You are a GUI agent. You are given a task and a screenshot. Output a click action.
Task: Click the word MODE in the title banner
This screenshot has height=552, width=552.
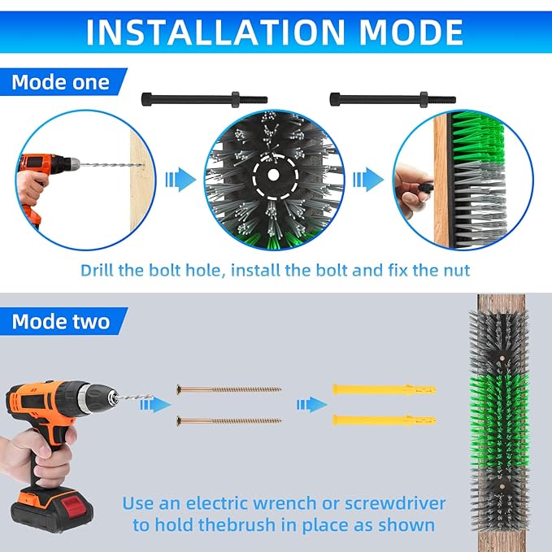point(411,32)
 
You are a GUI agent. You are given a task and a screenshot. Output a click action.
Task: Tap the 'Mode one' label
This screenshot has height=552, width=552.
point(60,82)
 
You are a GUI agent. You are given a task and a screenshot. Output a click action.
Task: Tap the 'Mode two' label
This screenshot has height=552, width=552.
point(61,322)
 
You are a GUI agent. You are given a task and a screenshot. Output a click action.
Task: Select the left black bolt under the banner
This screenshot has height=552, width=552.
point(204,99)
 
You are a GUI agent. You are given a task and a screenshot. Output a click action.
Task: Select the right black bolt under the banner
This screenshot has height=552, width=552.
point(393,99)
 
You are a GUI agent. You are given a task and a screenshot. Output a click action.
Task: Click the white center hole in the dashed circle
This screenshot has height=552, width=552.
point(273,175)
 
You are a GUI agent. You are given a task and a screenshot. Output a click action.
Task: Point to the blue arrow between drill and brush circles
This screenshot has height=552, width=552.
point(180,180)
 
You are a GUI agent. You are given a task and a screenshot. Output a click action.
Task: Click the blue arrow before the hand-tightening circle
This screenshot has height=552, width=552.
point(368,180)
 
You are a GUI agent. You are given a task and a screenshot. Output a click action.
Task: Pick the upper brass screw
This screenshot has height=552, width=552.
point(228,389)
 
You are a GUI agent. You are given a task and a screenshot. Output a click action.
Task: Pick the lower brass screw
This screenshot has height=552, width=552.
point(228,420)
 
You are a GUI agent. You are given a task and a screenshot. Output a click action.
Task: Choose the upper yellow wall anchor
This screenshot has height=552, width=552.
point(385,389)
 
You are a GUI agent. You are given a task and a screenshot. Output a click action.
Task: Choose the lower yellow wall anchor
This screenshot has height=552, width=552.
point(385,420)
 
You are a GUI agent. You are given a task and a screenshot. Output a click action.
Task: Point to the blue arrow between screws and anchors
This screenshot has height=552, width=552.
point(311,405)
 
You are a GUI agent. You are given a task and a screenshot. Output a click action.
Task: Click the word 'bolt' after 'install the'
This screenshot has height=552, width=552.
point(333,271)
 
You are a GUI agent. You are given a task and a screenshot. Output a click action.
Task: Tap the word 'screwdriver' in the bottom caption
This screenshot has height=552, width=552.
point(395,504)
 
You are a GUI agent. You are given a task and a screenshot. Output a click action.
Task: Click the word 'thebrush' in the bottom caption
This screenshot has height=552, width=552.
point(237,525)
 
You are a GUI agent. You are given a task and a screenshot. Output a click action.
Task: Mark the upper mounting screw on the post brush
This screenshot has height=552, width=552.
point(502,358)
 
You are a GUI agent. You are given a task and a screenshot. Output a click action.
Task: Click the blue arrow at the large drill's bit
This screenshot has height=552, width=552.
point(155,405)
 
